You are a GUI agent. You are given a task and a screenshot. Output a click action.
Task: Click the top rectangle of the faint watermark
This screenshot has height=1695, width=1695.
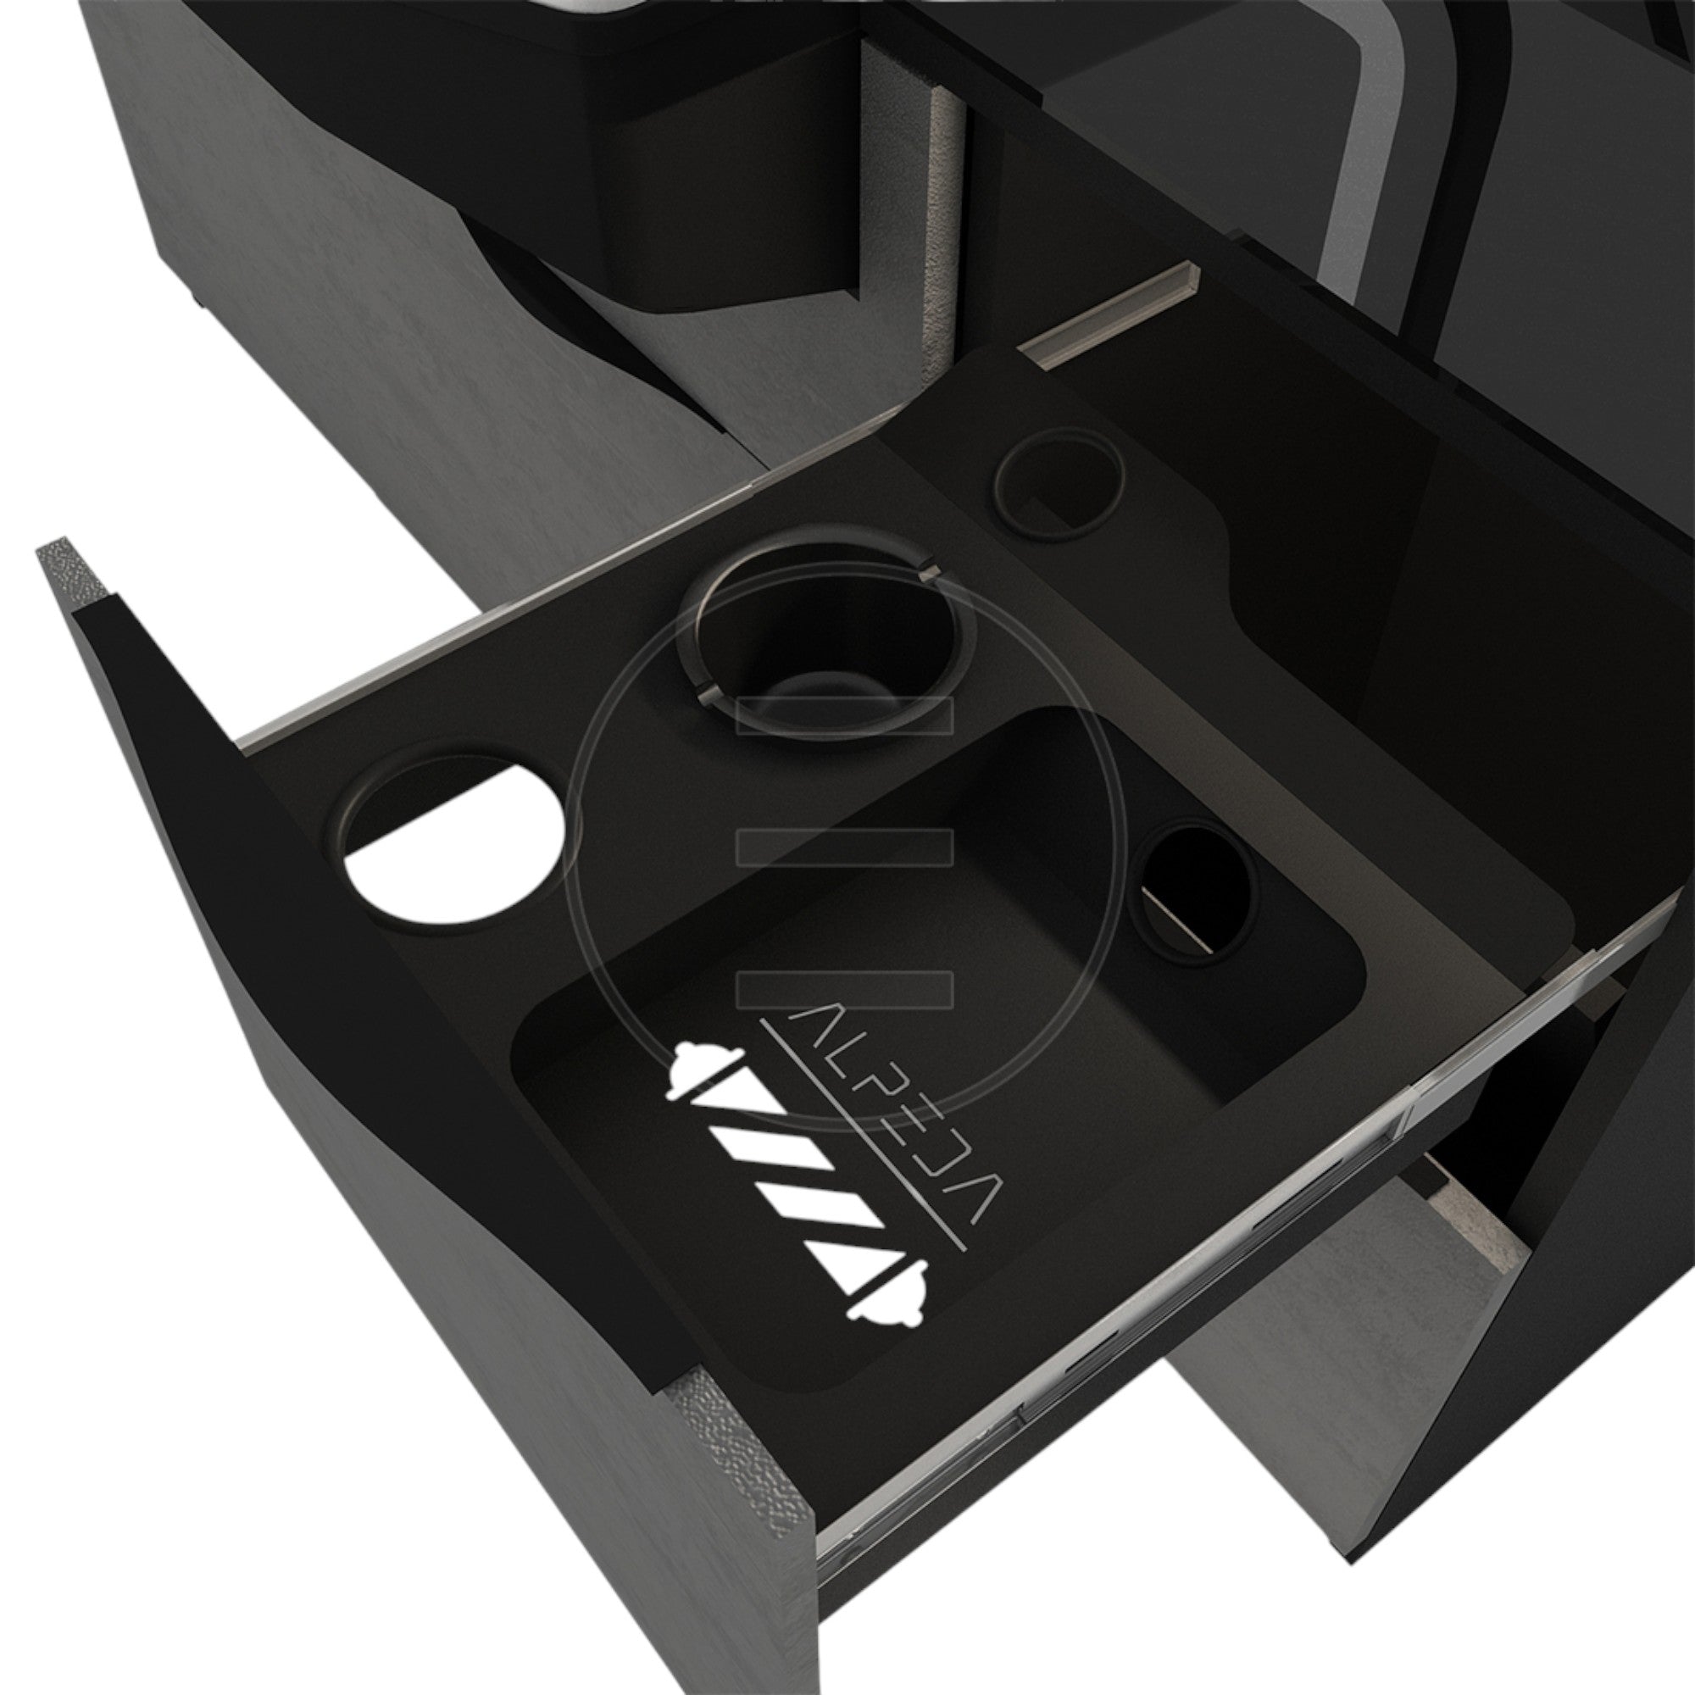tap(845, 715)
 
